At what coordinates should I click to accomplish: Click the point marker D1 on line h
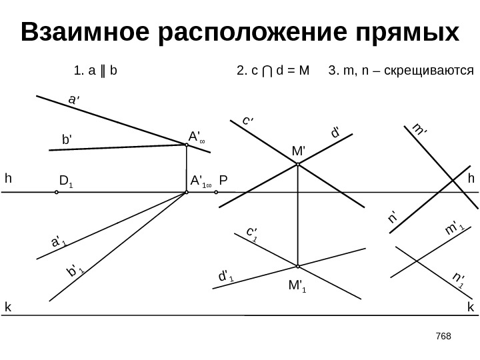57,192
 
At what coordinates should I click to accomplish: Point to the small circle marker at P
217,192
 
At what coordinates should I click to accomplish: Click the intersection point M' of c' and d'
297,166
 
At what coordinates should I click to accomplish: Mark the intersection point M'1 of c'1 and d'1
297,265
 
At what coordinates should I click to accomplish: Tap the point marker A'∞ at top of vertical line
187,145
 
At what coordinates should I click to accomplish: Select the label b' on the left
66,140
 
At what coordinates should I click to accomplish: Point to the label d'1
226,275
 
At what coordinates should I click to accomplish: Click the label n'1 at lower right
457,280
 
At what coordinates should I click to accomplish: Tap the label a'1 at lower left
59,241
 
